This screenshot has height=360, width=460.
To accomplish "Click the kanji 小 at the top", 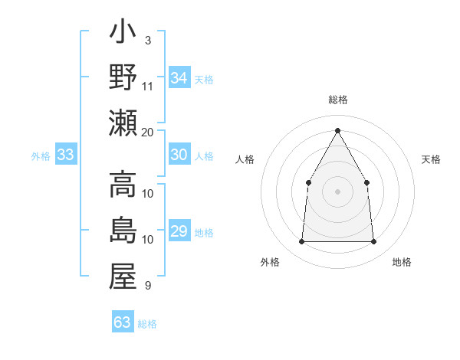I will pos(123,34).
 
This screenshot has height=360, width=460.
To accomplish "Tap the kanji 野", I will pos(123,77).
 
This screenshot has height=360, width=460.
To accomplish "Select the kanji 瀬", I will pos(123,123).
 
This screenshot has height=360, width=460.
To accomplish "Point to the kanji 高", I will pos(123,185).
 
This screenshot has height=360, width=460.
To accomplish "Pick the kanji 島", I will pos(123,231).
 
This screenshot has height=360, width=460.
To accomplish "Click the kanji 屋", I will pos(123,277).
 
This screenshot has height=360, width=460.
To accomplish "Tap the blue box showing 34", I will pos(179,77).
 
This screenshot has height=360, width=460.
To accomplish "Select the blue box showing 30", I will pos(179,155).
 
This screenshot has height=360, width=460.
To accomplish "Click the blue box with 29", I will pos(179,231).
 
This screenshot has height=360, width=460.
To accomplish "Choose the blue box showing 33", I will pos(65,155).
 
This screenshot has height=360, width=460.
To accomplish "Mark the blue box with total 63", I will pos(123,322).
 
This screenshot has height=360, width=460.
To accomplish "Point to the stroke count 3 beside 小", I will pos(147,39).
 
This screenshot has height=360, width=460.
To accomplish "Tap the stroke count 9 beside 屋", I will pos(147,286).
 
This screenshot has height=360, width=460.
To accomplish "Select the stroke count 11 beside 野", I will pos(148,86).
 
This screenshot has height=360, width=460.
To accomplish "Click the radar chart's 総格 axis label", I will pos(337,100).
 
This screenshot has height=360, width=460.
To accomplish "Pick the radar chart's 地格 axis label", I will pos(402,262).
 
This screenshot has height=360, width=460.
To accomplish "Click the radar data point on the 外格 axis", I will pos(301,242).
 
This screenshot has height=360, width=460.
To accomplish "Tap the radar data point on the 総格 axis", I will pos(337,130).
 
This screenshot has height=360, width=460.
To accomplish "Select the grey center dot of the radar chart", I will pos(337,191).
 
